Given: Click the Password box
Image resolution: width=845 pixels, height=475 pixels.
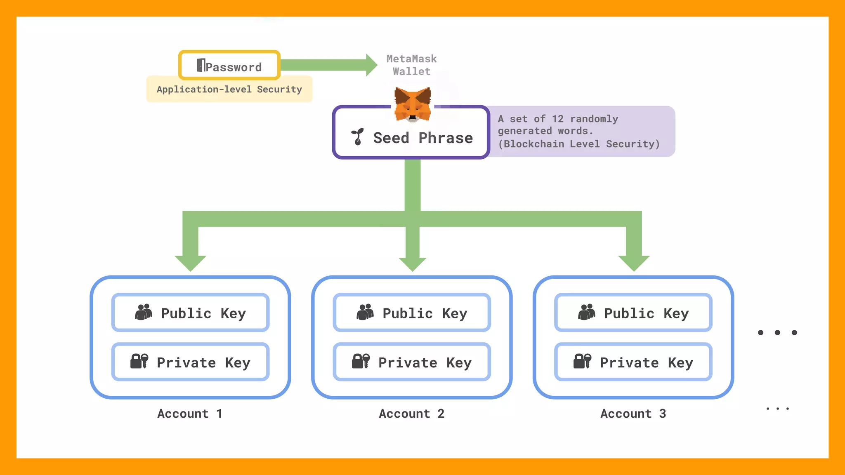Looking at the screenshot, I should pyautogui.click(x=229, y=65).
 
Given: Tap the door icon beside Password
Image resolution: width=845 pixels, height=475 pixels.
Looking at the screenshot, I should pyautogui.click(x=201, y=65).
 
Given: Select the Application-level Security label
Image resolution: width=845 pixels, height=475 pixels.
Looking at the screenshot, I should pyautogui.click(x=229, y=89).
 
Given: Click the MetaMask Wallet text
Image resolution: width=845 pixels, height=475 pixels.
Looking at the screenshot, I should pyautogui.click(x=411, y=65).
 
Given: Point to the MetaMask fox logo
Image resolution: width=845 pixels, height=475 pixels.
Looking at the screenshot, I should pyautogui.click(x=413, y=104).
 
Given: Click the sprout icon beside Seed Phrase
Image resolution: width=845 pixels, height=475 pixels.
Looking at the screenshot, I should pyautogui.click(x=357, y=137).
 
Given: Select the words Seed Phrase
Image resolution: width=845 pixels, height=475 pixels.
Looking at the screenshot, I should pyautogui.click(x=423, y=138).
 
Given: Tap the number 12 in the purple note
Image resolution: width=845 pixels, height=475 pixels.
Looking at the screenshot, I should pyautogui.click(x=557, y=119).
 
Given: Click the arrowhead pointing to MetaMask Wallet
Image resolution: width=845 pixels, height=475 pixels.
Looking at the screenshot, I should pyautogui.click(x=371, y=65).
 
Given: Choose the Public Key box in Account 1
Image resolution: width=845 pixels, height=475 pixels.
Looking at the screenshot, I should pyautogui.click(x=190, y=313).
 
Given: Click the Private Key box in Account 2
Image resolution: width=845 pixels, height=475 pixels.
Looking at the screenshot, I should pyautogui.click(x=412, y=362).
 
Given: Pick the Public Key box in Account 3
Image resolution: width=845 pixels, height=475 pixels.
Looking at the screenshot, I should pyautogui.click(x=633, y=313).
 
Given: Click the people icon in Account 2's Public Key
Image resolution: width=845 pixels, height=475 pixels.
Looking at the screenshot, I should pyautogui.click(x=365, y=312).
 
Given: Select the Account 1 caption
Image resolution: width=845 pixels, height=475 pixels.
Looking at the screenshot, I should pyautogui.click(x=190, y=414).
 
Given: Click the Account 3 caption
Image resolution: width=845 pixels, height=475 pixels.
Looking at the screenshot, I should pyautogui.click(x=633, y=414).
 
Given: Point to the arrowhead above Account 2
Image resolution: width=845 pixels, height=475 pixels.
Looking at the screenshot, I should pyautogui.click(x=412, y=264).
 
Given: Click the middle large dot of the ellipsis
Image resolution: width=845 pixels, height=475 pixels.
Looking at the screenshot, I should pyautogui.click(x=777, y=332).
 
